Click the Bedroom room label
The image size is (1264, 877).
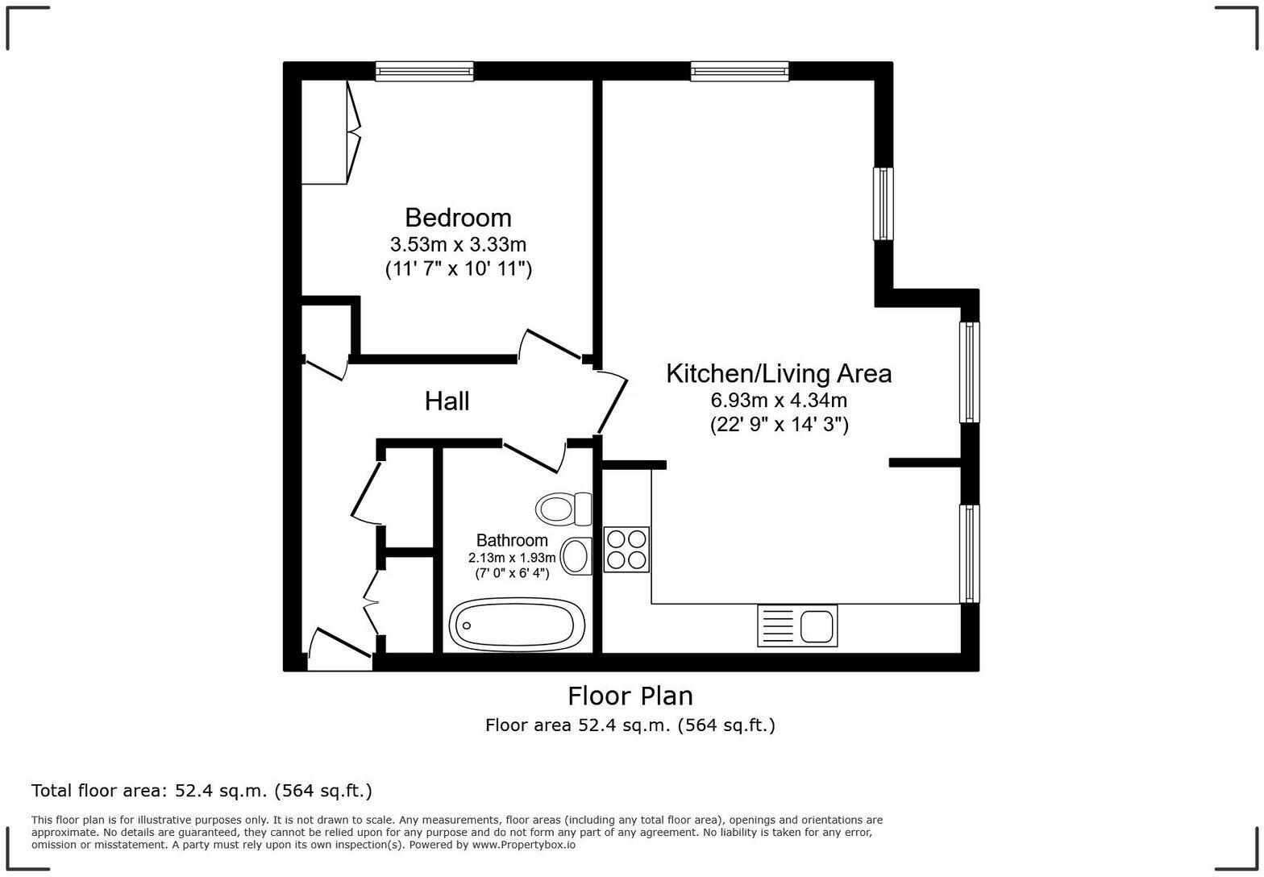pos(458,218)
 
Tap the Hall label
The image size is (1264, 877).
pos(447,401)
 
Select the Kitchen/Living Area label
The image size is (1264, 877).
pos(779,374)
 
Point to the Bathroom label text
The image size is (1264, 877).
pos(512,540)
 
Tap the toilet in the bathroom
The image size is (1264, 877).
pos(563,509)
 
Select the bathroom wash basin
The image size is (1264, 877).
pos(576,556)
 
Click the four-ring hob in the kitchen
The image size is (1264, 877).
pos(626,550)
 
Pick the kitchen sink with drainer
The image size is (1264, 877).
pos(796,626)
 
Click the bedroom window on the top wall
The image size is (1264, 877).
pos(424,72)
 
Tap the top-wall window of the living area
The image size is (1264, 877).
pos(739,72)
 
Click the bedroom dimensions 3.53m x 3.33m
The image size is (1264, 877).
pos(458,243)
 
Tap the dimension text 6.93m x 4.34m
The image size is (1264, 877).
pos(779,400)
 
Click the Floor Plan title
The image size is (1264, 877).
pos(630,696)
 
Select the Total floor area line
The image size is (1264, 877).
pos(202,791)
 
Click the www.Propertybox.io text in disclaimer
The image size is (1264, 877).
pos(523,845)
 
